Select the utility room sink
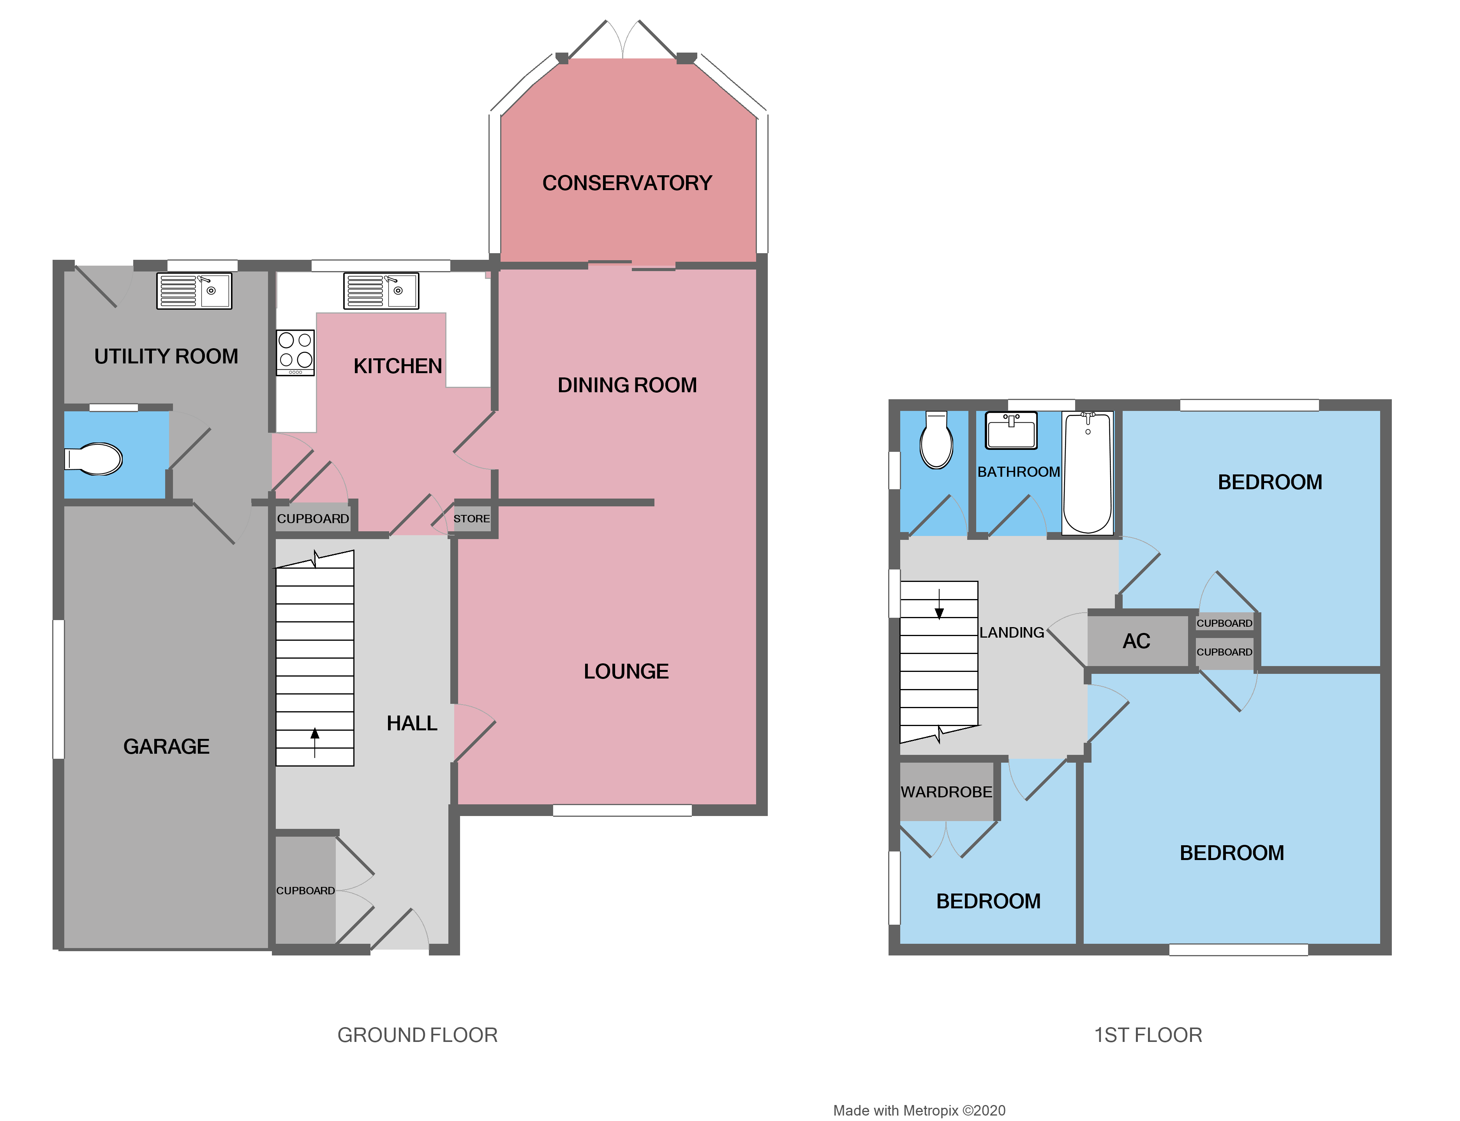coord(194,291)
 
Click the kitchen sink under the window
coord(381,291)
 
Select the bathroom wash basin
coord(1011,430)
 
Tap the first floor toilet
coord(936,441)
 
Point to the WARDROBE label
coord(946,792)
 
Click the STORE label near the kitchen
coord(472,518)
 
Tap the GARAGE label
coord(166,746)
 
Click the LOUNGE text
coord(626,671)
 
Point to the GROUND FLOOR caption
coord(417,1035)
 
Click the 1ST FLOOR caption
coord(1148,1035)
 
